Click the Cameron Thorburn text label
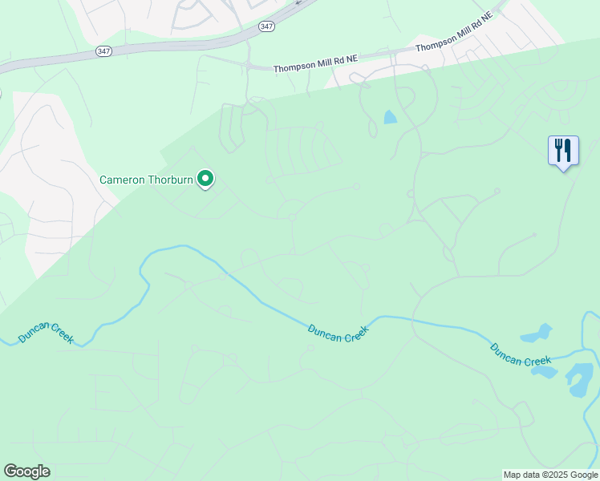tap(146, 180)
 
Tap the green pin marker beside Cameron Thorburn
tap(206, 179)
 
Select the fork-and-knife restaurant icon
tap(563, 150)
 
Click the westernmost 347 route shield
tap(103, 51)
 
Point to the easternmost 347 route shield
tap(266, 26)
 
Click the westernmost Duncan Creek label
tap(47, 333)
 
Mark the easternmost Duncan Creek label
tap(521, 354)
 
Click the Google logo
tap(26, 471)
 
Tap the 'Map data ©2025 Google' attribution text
tap(551, 475)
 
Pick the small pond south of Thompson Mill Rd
tap(391, 117)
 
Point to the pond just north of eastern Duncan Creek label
tap(537, 333)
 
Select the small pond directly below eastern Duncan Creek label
tap(545, 372)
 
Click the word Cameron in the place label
tap(122, 180)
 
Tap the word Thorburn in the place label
tap(170, 180)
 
